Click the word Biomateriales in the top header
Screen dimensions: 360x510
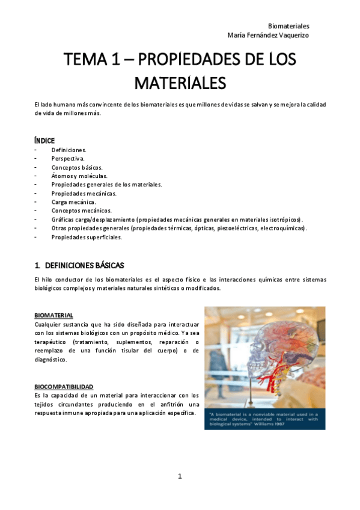[x=288, y=26]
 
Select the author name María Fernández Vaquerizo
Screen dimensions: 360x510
[x=269, y=35]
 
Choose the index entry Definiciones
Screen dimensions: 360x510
[x=69, y=149]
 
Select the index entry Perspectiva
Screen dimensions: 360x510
[x=68, y=158]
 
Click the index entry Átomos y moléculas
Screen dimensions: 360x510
[x=79, y=176]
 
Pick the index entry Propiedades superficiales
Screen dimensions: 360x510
[x=87, y=237]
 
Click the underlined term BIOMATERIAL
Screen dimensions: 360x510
[x=54, y=315]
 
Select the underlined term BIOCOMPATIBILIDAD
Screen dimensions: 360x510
[x=64, y=386]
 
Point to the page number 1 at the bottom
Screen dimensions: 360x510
[x=180, y=476]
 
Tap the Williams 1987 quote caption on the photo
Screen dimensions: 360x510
[x=264, y=419]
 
